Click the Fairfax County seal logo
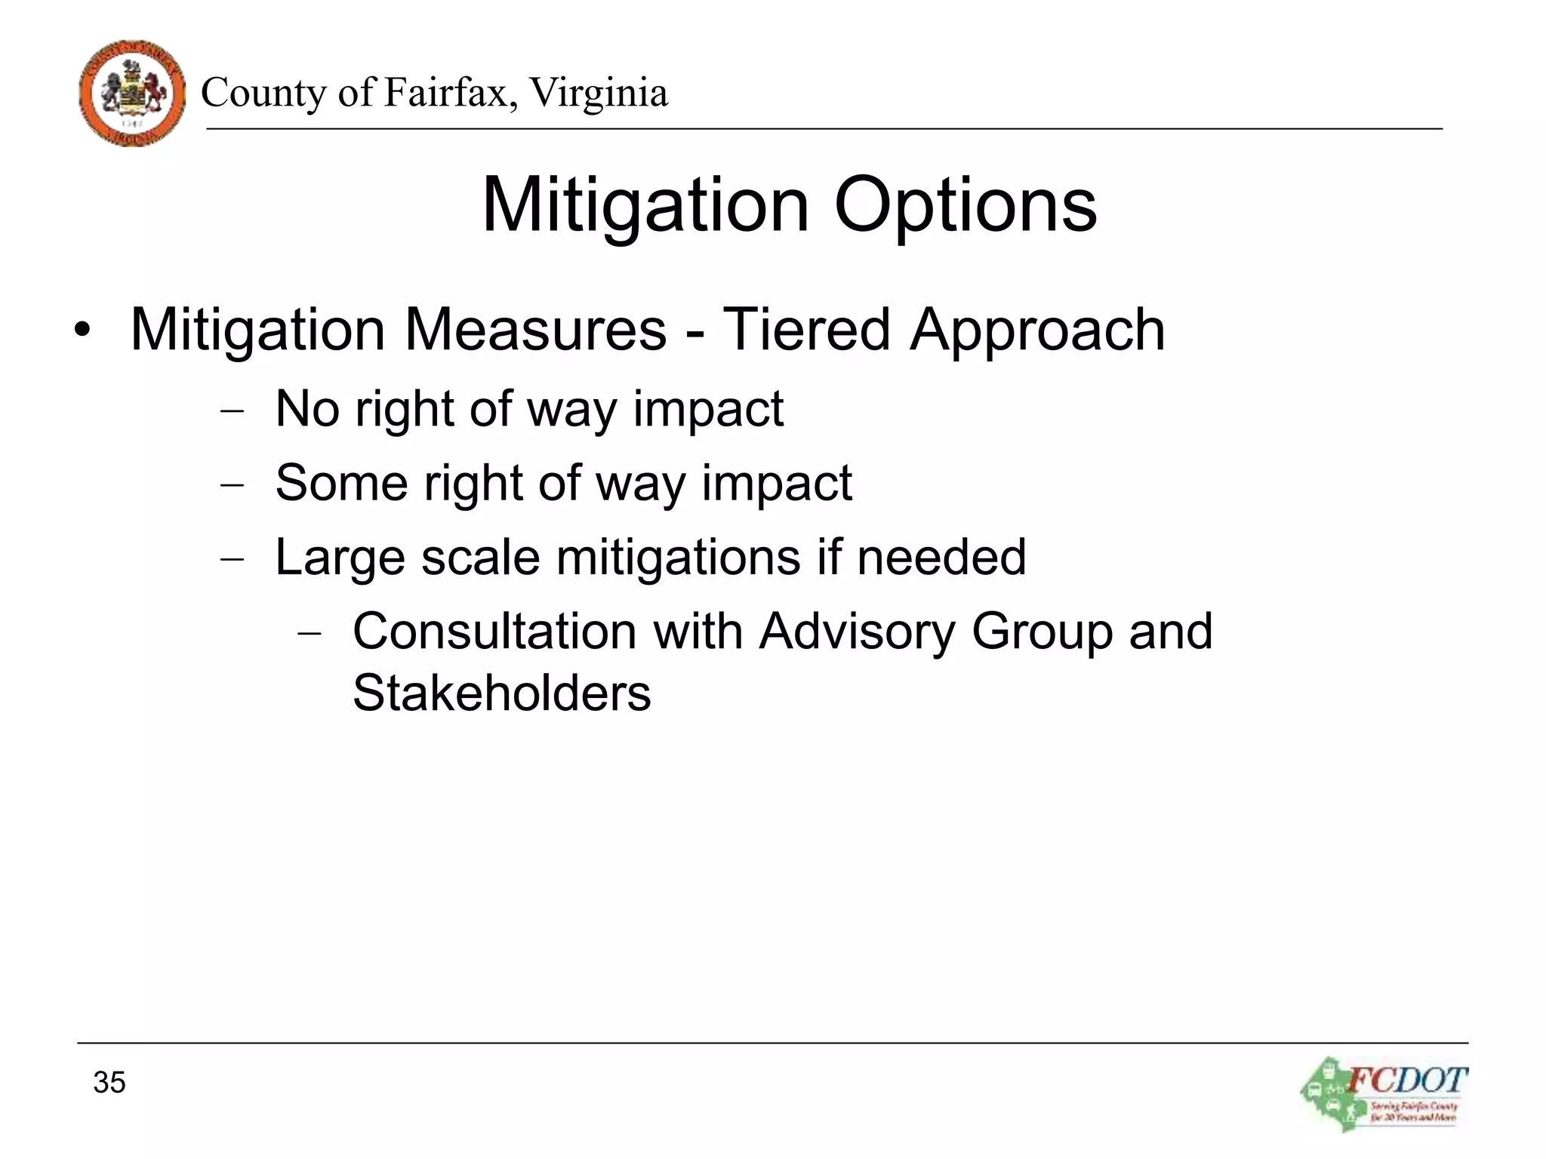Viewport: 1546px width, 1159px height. coord(132,94)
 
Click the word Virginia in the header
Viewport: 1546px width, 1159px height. coord(599,94)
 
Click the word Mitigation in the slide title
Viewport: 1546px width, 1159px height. coord(645,205)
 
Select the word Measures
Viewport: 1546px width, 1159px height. coord(535,330)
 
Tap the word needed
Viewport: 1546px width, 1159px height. coord(941,557)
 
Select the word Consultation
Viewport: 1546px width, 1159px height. coord(494,631)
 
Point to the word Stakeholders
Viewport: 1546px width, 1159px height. coord(501,693)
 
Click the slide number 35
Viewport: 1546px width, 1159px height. coord(109,1082)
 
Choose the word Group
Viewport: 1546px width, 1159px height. coord(1042,632)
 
